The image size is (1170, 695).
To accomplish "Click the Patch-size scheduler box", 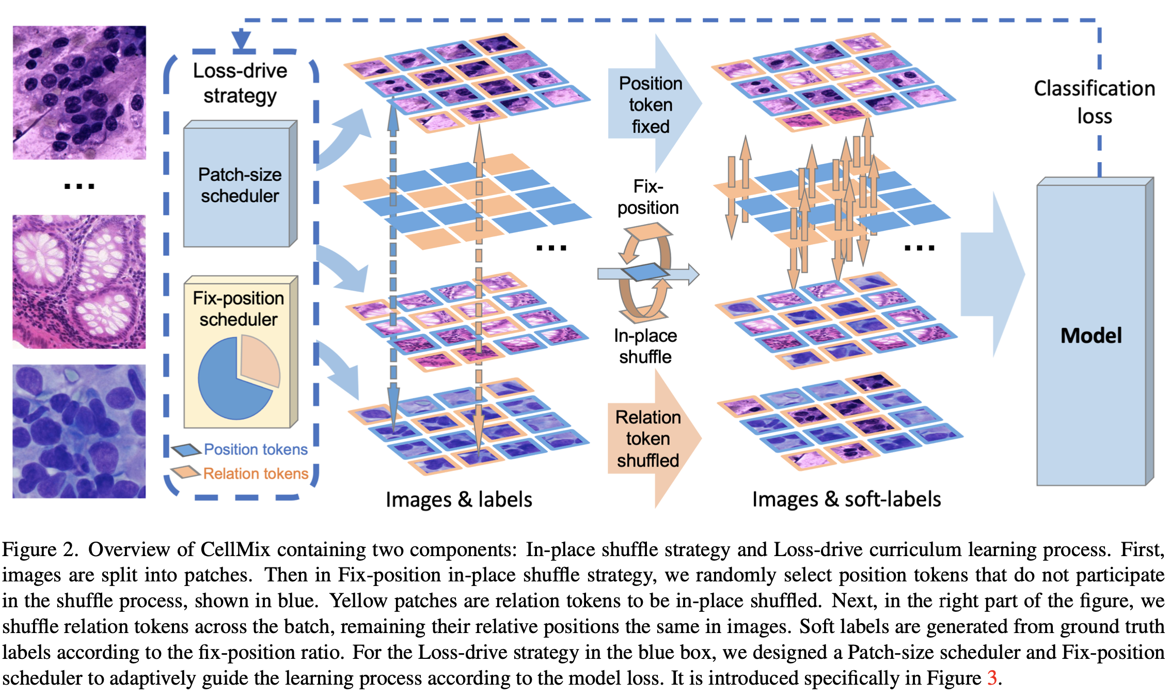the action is click(x=241, y=184).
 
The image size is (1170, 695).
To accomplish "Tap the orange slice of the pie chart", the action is click(x=260, y=360).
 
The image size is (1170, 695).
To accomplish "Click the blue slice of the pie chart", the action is click(x=233, y=380).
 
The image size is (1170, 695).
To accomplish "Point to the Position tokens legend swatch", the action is click(x=186, y=450).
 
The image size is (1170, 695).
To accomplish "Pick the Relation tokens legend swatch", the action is click(x=186, y=472).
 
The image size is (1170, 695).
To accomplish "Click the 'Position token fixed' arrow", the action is click(x=655, y=104).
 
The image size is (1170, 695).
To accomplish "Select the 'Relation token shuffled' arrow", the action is click(x=654, y=439).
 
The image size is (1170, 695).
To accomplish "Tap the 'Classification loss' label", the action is click(x=1094, y=102).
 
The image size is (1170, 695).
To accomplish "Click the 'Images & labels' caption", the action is click(x=458, y=500).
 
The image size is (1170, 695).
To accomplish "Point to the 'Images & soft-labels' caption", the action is click(x=846, y=499).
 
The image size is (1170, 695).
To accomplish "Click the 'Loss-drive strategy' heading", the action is click(x=240, y=83).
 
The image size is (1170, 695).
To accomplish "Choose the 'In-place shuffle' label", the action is click(x=645, y=346).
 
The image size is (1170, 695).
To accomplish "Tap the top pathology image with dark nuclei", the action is click(x=79, y=92).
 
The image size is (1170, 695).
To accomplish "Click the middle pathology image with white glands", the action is click(x=79, y=281).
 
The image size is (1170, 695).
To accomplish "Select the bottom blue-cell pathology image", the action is click(x=79, y=431).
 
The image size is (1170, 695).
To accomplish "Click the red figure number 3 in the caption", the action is click(x=991, y=677).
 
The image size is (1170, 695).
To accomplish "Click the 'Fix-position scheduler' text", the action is click(x=239, y=309).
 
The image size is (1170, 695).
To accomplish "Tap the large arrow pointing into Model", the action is click(x=992, y=274).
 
